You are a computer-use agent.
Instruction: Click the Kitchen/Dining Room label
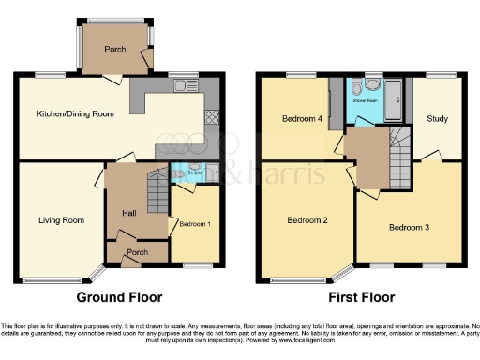[75, 113]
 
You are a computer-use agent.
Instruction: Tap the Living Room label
[62, 221]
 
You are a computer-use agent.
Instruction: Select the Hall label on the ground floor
[129, 213]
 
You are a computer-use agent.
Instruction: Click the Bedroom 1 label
[194, 223]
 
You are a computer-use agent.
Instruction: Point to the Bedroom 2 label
[306, 220]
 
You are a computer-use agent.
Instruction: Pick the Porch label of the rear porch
[115, 50]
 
